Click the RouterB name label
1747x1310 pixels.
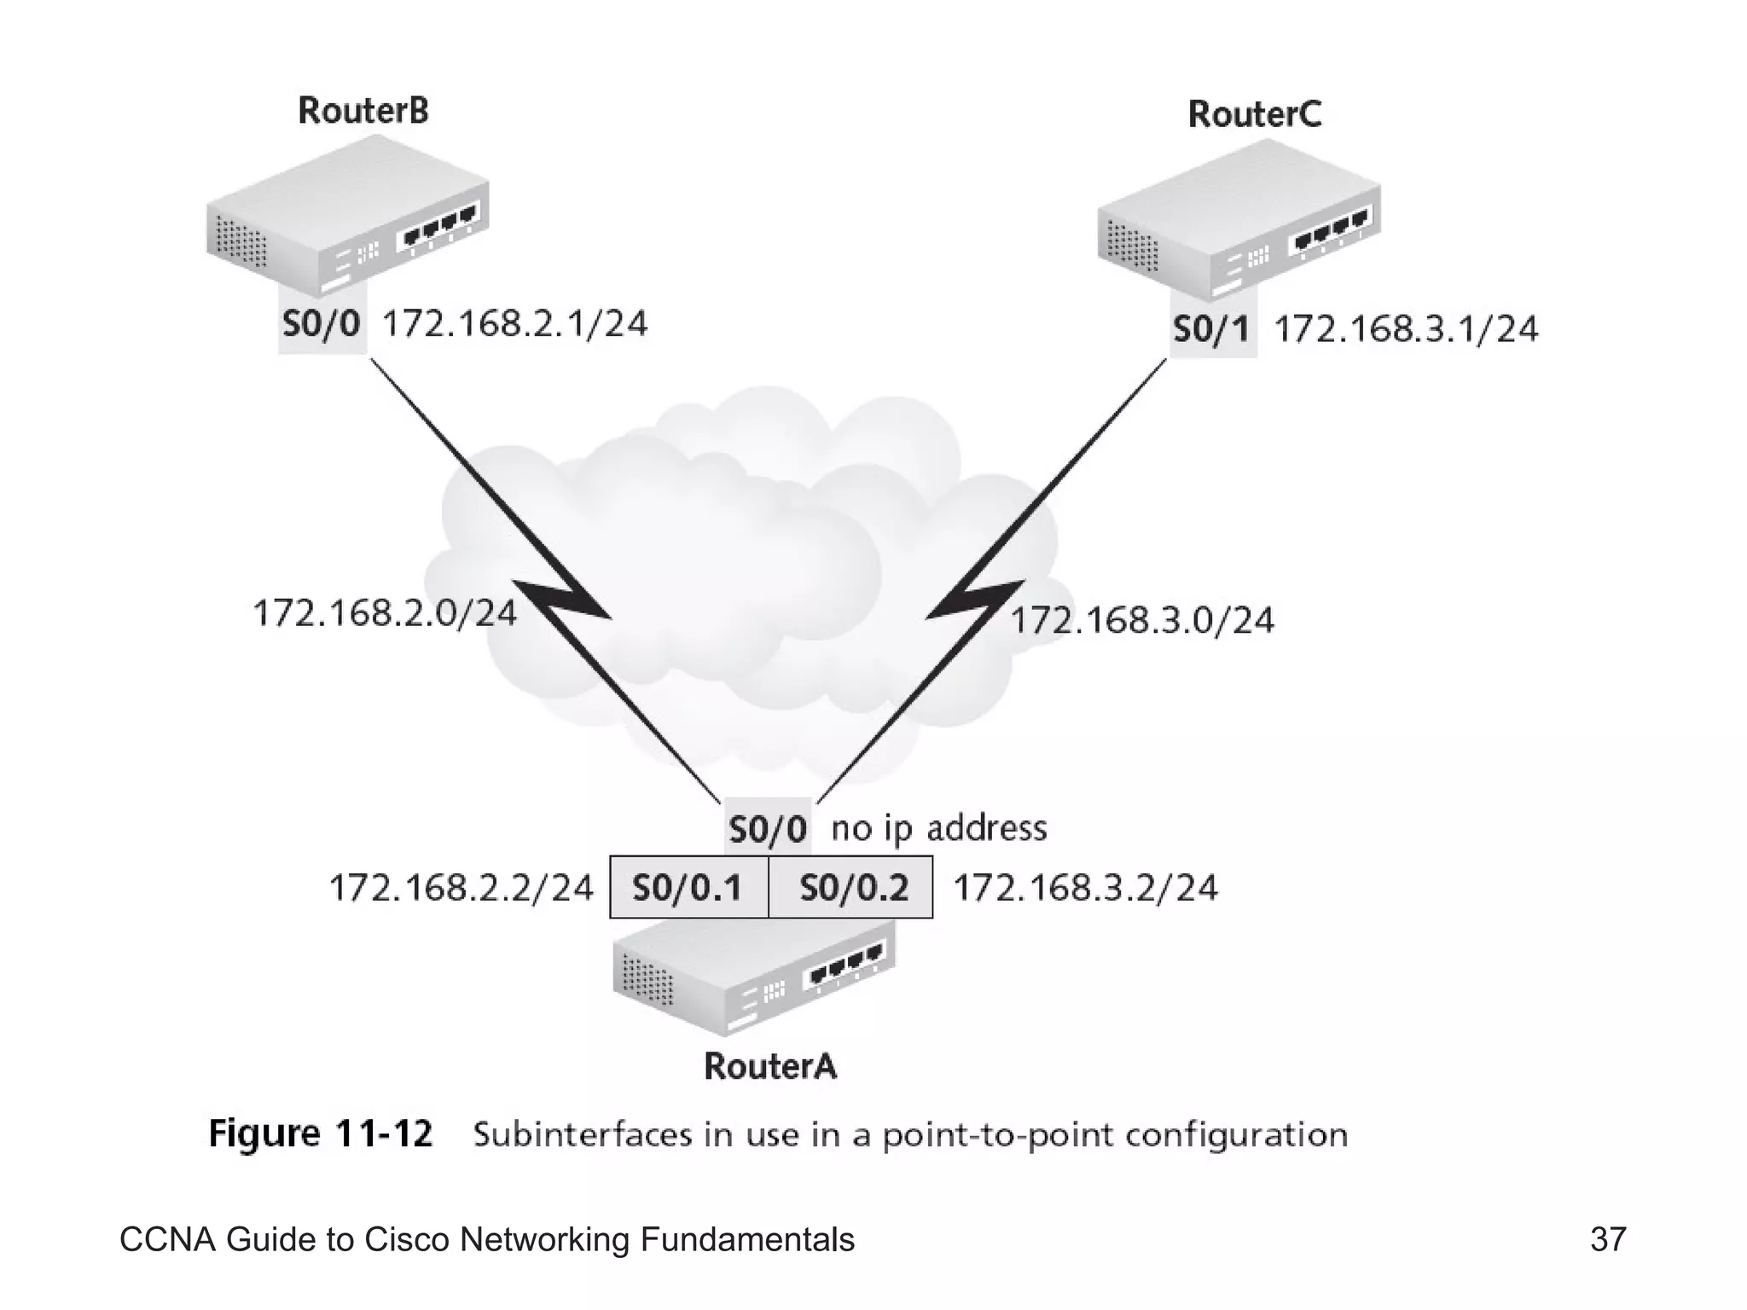(x=363, y=111)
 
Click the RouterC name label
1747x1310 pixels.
(x=1254, y=114)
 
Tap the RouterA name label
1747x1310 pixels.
(x=770, y=1066)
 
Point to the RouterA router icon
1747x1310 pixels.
(x=754, y=981)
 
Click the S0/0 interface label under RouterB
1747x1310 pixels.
(x=322, y=324)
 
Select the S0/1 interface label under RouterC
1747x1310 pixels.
(x=1211, y=329)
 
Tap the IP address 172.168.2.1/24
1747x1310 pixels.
(x=514, y=324)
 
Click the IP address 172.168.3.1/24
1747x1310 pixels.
(x=1406, y=329)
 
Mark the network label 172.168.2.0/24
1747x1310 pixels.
(x=385, y=613)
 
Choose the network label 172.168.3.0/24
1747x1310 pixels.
(x=1142, y=620)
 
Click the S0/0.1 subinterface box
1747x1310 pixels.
(x=688, y=888)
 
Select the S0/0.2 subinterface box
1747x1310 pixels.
(x=852, y=888)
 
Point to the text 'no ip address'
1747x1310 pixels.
(x=938, y=828)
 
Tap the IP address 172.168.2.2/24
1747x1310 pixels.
(x=461, y=888)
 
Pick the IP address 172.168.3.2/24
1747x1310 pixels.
(x=1085, y=888)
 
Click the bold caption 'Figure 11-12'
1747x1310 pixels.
(x=321, y=1133)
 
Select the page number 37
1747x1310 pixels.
(x=1608, y=1239)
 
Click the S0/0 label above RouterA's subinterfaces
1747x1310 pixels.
(x=767, y=828)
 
